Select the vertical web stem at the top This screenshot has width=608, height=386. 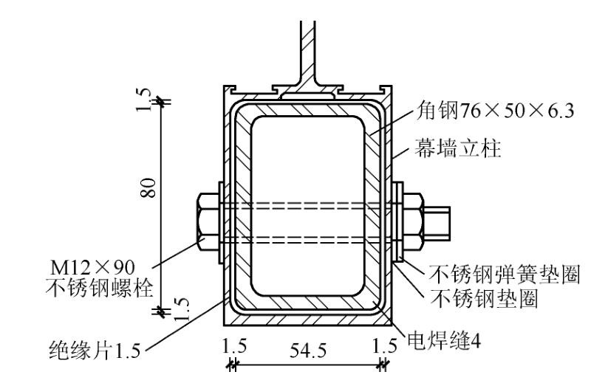tap(306, 48)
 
